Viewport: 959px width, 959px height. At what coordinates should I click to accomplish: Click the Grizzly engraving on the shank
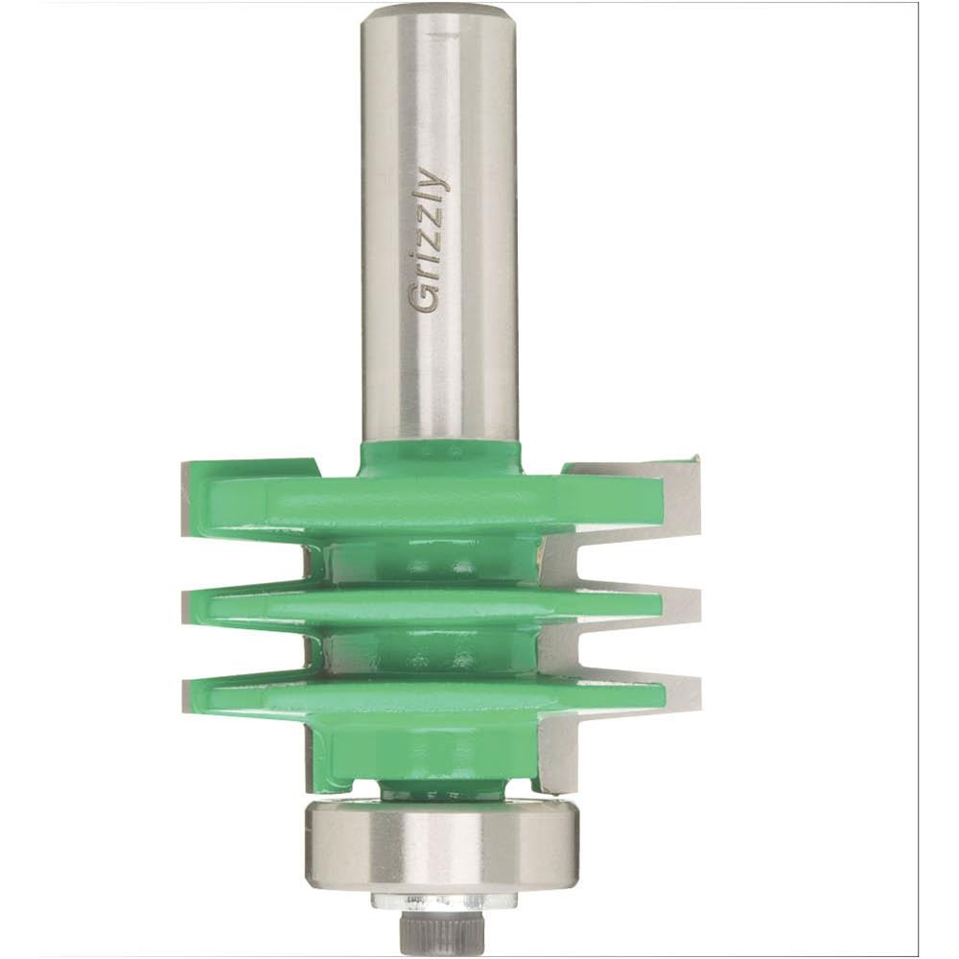(427, 240)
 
